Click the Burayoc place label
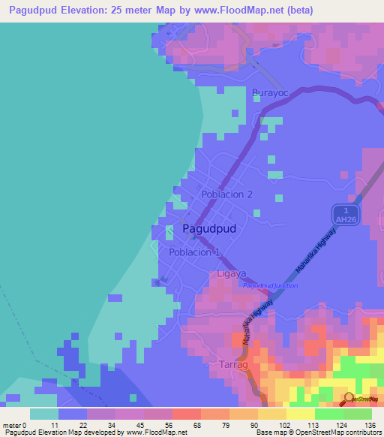[270, 93]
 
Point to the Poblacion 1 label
[194, 252]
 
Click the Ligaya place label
[231, 274]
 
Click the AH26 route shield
[343, 218]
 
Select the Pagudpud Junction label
[270, 285]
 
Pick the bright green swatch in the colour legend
[329, 414]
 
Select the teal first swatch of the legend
[44, 414]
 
